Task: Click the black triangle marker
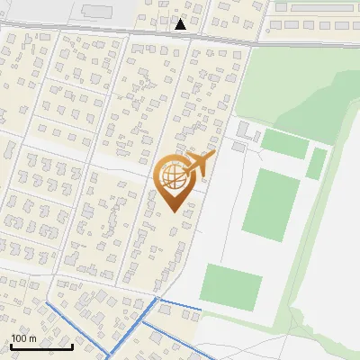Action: click(181, 24)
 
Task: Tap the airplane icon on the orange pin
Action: click(200, 165)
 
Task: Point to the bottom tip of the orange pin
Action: click(173, 211)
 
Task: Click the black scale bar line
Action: click(41, 346)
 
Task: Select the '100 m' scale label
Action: click(23, 338)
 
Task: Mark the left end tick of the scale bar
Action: click(11, 345)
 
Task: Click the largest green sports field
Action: click(271, 206)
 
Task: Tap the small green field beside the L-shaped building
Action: click(285, 143)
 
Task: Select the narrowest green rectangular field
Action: click(316, 163)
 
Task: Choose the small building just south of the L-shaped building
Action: click(238, 146)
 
